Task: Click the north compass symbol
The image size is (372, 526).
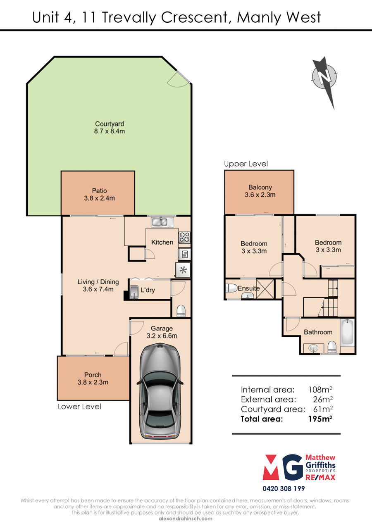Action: (324, 78)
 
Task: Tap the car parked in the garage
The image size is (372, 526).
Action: (160, 391)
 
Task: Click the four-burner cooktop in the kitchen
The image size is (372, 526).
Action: (184, 237)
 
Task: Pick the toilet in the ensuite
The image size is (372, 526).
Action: (231, 288)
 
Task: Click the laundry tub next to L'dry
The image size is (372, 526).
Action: (134, 292)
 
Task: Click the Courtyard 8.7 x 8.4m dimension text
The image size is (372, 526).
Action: (110, 131)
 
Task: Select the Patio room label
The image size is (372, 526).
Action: (99, 190)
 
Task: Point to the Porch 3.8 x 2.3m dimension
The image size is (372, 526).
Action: (93, 382)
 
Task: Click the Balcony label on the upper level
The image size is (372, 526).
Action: (260, 187)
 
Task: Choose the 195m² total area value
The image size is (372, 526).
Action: (320, 419)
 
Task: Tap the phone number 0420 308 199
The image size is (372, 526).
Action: (284, 489)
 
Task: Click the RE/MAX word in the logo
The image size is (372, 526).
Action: (320, 477)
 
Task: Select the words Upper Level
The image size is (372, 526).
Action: (246, 164)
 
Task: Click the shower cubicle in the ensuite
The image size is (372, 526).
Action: (265, 288)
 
